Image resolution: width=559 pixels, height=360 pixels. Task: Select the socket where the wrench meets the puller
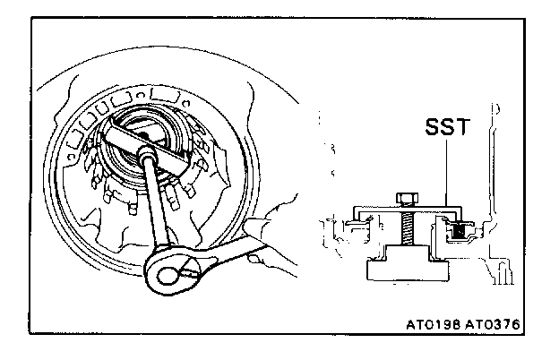coord(146,159)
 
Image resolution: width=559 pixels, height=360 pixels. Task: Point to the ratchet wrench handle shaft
coord(155,207)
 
